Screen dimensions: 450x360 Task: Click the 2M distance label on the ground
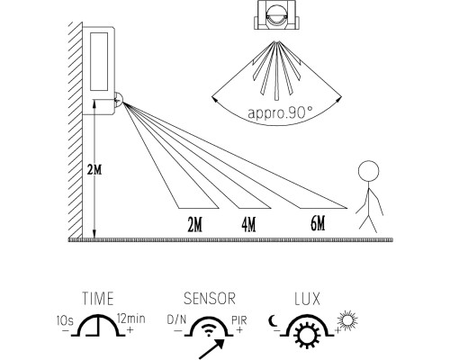point(194,224)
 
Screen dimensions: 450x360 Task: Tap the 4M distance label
point(248,224)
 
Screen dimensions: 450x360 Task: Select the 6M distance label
point(318,223)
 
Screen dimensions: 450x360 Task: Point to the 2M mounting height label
point(94,170)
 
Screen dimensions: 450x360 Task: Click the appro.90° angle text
point(280,112)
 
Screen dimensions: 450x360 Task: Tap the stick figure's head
point(368,170)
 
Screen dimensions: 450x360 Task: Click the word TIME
point(98,299)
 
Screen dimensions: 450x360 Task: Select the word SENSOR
point(210,299)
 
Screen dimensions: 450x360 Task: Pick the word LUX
point(307,299)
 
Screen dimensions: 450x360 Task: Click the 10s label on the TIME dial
point(65,320)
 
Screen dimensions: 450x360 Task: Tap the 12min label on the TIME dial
point(131,319)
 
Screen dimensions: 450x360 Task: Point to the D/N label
point(176,319)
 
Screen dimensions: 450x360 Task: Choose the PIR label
point(239,320)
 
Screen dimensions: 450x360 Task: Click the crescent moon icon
point(273,321)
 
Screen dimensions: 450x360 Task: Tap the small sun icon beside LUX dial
point(347,320)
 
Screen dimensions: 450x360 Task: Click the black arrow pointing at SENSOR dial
point(211,348)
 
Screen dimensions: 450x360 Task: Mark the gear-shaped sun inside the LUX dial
point(306,337)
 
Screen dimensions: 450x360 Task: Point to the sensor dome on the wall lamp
point(119,100)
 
